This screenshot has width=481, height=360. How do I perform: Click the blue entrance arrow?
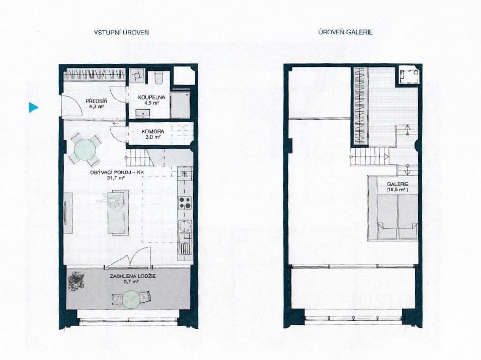tap(33, 107)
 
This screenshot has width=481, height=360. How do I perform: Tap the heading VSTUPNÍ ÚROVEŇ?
tap(121, 32)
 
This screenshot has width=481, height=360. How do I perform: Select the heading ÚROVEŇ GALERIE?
tap(346, 32)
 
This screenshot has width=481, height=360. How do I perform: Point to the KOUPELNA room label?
tap(151, 98)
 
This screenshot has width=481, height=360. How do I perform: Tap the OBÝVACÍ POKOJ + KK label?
tap(117, 172)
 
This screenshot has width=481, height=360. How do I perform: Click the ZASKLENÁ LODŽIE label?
tap(132, 276)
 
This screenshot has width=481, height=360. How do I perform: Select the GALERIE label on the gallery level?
tap(397, 185)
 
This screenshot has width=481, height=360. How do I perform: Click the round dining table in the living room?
tap(85, 149)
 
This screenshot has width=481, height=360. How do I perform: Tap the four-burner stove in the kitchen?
tap(185, 203)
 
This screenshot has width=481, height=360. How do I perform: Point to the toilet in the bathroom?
tap(159, 78)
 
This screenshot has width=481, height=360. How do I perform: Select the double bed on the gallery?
tap(397, 217)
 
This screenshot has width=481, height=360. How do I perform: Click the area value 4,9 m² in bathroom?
tap(152, 103)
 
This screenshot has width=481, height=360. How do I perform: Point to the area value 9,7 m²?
tap(132, 281)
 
